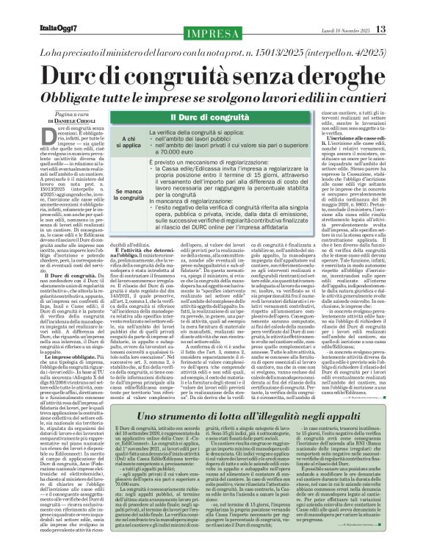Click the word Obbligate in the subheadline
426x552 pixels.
[78, 77]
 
